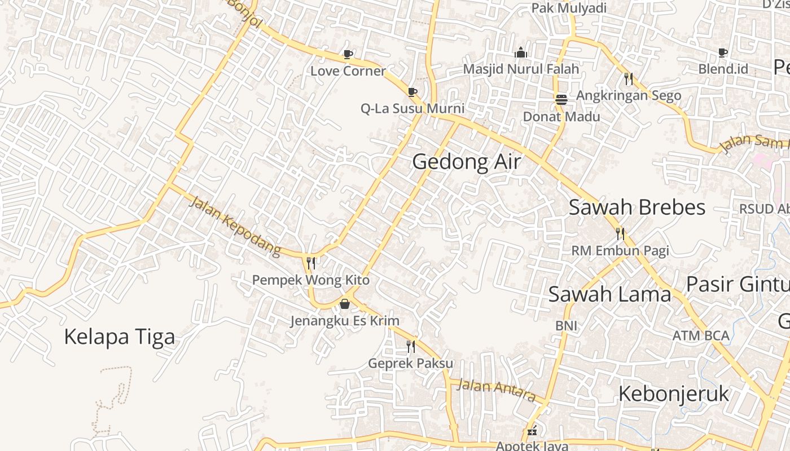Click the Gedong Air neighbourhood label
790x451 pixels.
click(x=466, y=162)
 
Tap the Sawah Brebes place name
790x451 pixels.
click(x=637, y=207)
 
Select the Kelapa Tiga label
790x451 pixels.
click(x=119, y=337)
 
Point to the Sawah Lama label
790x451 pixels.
click(x=609, y=294)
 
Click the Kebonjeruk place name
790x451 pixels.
click(x=674, y=393)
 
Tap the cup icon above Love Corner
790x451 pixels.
click(x=348, y=54)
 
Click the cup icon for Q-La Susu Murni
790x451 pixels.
click(x=412, y=92)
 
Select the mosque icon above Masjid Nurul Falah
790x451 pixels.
click(x=521, y=52)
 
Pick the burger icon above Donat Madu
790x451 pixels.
click(x=561, y=100)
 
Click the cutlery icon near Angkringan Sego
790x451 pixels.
click(x=629, y=78)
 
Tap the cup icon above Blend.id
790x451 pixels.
click(x=723, y=52)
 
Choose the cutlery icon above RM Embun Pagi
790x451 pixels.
click(x=620, y=233)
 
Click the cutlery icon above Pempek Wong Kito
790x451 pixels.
click(x=310, y=263)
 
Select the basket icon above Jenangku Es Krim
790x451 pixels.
click(x=345, y=304)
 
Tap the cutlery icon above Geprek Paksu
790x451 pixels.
click(x=411, y=346)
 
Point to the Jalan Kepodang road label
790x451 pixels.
click(x=234, y=226)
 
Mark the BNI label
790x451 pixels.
click(x=566, y=325)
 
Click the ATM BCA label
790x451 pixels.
click(x=701, y=336)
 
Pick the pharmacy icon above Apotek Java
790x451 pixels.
click(x=532, y=432)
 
